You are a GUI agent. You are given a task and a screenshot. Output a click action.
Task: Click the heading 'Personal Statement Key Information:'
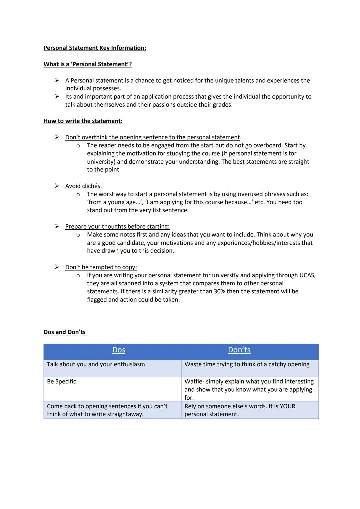[95, 48]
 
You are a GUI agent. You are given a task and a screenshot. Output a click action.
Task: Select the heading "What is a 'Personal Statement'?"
[87, 64]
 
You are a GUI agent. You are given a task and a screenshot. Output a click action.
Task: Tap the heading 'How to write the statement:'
[83, 121]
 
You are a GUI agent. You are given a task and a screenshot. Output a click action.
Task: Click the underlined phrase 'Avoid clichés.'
[83, 186]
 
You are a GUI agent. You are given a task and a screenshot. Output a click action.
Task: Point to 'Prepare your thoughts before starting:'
[117, 227]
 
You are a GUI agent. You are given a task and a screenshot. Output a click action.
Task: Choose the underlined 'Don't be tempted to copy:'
[101, 267]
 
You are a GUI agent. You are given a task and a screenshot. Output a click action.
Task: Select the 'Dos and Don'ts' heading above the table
[64, 332]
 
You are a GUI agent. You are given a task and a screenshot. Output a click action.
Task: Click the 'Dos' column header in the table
[119, 350]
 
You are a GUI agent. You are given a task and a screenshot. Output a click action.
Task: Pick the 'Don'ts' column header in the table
[239, 350]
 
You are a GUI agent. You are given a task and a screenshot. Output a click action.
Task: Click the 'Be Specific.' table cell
[62, 381]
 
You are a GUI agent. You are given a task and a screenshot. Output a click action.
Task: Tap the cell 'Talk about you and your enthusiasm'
[96, 364]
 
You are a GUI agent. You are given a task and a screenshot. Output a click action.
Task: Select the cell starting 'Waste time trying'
[247, 364]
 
